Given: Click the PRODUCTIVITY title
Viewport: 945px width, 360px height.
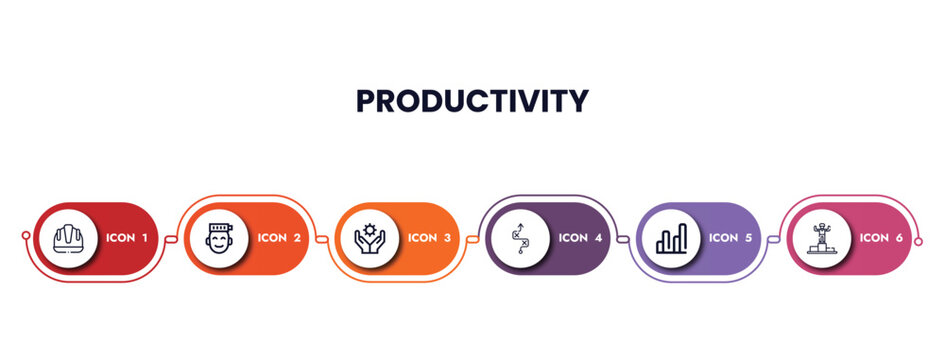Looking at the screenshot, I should [x=472, y=101].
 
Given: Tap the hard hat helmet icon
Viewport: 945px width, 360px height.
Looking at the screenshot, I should [x=68, y=238].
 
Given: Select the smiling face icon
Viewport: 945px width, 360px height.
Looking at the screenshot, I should [x=219, y=238].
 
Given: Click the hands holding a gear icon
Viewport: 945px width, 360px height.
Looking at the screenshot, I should [x=369, y=238].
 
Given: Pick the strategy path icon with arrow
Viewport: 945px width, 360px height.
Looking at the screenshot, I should [x=520, y=238].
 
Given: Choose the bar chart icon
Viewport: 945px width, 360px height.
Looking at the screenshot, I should [x=671, y=238].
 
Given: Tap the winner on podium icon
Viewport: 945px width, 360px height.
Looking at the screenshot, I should [x=821, y=238].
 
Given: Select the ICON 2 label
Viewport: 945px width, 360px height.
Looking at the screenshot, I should [x=279, y=238].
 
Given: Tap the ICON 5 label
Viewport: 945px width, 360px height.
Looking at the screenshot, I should [x=731, y=238].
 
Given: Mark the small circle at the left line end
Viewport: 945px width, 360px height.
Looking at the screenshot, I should [x=26, y=238].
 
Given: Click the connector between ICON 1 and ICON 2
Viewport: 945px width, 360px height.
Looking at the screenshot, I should [x=171, y=238].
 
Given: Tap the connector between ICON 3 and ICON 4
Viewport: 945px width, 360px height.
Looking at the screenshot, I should [x=472, y=238].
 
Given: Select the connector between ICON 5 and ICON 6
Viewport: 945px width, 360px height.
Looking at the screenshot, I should [x=774, y=238].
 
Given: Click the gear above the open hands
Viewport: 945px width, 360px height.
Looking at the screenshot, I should [x=369, y=231].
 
